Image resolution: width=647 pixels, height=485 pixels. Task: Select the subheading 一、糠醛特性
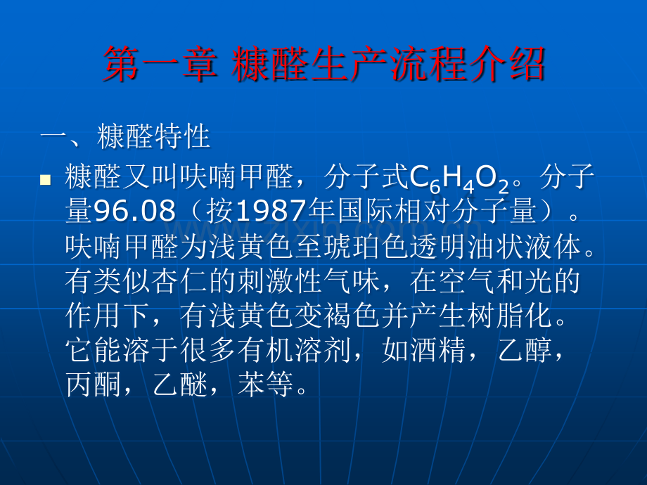click(126, 136)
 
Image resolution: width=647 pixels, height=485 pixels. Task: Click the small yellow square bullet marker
click(46, 181)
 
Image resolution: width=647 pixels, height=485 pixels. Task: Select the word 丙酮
click(91, 384)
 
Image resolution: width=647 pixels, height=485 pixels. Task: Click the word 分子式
click(371, 179)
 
